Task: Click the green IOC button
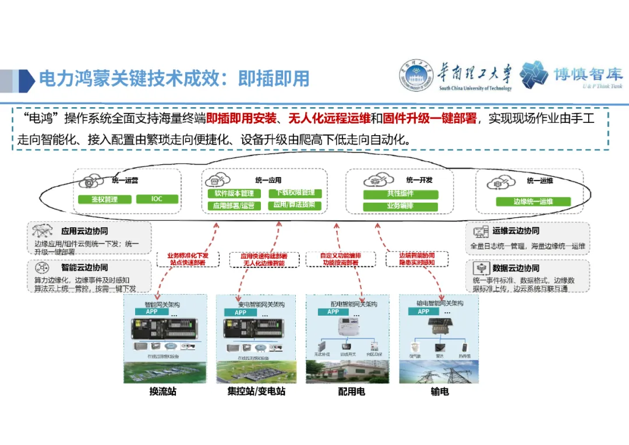click(x=157, y=199)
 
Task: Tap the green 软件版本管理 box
click(x=234, y=193)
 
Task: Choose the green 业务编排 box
click(x=400, y=207)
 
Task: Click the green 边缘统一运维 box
click(x=533, y=202)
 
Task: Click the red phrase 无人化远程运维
click(x=330, y=119)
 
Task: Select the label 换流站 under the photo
click(x=162, y=391)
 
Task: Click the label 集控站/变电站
click(x=256, y=391)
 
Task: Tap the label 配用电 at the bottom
click(x=351, y=391)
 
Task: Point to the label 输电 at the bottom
click(x=440, y=391)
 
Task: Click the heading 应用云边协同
click(x=84, y=231)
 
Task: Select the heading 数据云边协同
click(x=515, y=269)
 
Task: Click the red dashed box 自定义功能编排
click(x=341, y=259)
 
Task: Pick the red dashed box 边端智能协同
click(x=417, y=259)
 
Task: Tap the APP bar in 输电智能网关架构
click(x=423, y=312)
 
